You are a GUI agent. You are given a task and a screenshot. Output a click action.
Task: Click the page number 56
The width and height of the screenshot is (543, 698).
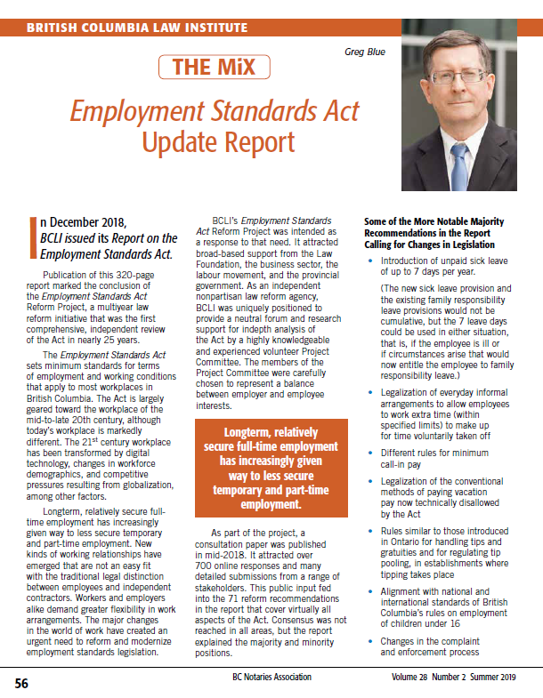[x=20, y=684]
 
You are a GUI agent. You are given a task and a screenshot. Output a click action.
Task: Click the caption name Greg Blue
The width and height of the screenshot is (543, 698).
[x=365, y=52]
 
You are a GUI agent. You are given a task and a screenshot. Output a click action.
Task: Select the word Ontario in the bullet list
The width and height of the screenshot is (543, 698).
[x=401, y=542]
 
